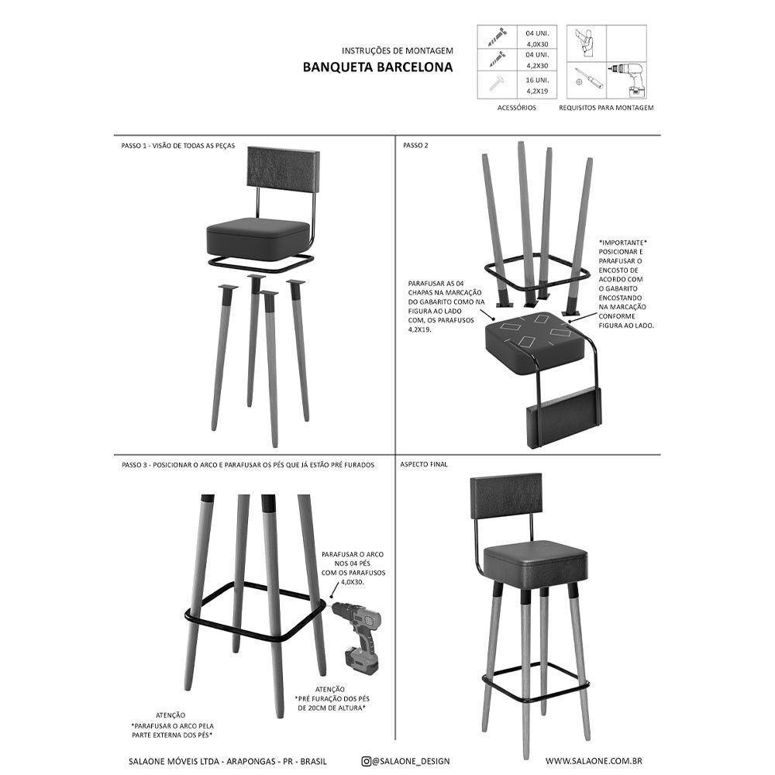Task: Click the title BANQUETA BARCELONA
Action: click(377, 67)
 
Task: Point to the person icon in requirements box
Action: click(586, 40)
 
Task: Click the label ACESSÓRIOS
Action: click(516, 108)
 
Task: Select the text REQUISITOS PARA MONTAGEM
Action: click(606, 108)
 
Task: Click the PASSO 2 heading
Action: click(415, 146)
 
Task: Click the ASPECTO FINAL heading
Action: click(424, 464)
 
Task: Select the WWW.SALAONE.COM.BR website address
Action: click(593, 761)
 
